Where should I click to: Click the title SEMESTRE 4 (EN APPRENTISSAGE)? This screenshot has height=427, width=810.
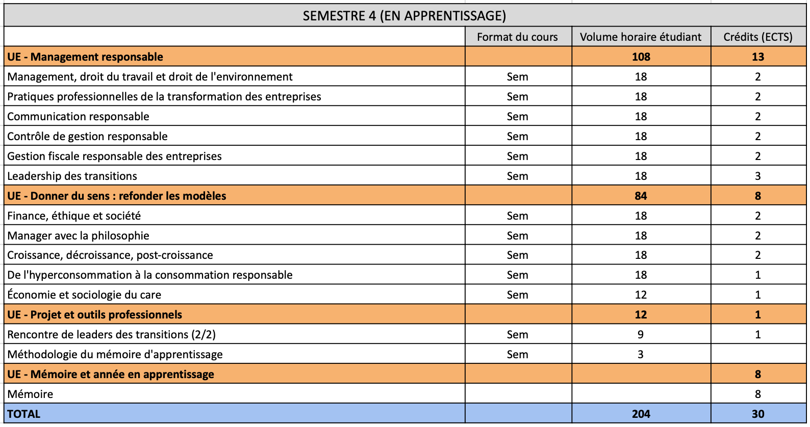coord(404,16)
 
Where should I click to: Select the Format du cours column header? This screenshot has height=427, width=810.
coord(517,37)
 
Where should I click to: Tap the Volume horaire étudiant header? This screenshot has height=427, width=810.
coord(641,37)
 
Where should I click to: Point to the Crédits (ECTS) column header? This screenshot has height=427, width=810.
coord(758,37)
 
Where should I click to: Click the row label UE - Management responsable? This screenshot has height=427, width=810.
coord(85,57)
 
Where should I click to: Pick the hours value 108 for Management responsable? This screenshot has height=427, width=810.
coord(641,57)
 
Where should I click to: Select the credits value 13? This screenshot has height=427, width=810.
coord(758,57)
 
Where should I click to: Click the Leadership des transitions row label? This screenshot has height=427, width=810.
coord(72,176)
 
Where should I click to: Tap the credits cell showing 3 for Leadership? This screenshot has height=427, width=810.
coord(758,176)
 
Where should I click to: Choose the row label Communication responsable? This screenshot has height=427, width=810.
coord(78,116)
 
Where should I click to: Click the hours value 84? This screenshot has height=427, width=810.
coord(641,196)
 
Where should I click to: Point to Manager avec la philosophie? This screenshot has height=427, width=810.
coord(78,235)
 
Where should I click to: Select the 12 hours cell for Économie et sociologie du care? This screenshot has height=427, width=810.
coord(641,295)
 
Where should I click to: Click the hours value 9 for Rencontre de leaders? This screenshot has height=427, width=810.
coord(641,334)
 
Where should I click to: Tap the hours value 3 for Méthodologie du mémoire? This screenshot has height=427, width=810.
coord(641,354)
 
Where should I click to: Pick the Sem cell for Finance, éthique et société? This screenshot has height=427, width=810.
coord(517,216)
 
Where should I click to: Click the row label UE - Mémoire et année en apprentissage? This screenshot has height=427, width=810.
coord(111,374)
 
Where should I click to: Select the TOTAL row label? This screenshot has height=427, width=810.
coord(23,414)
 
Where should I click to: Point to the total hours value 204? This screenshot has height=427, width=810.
coord(641,414)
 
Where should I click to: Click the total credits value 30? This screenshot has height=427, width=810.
coord(758,414)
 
